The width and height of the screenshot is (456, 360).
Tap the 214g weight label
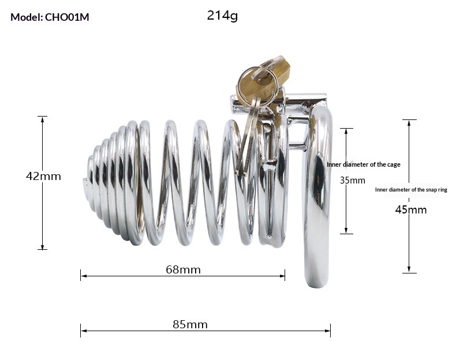[222, 16]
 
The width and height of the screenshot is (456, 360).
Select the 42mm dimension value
[43, 176]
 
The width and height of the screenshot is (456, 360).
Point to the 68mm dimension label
[183, 269]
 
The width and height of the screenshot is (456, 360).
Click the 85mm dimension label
[190, 324]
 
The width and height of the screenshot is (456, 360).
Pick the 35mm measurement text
[352, 180]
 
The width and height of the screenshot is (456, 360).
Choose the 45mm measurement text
[411, 209]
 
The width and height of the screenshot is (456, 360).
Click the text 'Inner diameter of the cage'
[364, 164]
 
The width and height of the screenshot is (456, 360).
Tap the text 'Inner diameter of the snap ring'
[411, 189]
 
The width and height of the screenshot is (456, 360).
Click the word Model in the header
[25, 17]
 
